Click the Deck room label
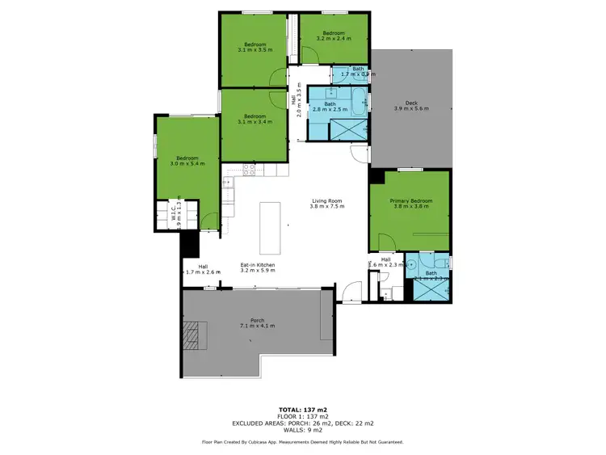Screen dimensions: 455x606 (410, 105)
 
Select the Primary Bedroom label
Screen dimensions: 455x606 (410, 203)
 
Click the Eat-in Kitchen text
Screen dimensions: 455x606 (258, 268)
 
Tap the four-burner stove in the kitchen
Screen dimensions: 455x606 (250, 169)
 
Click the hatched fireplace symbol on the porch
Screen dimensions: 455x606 (195, 332)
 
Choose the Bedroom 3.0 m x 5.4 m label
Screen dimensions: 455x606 (187, 161)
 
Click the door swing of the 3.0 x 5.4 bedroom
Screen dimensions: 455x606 (209, 218)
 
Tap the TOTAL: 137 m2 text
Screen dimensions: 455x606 (302, 410)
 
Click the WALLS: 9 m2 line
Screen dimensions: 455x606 (302, 429)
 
